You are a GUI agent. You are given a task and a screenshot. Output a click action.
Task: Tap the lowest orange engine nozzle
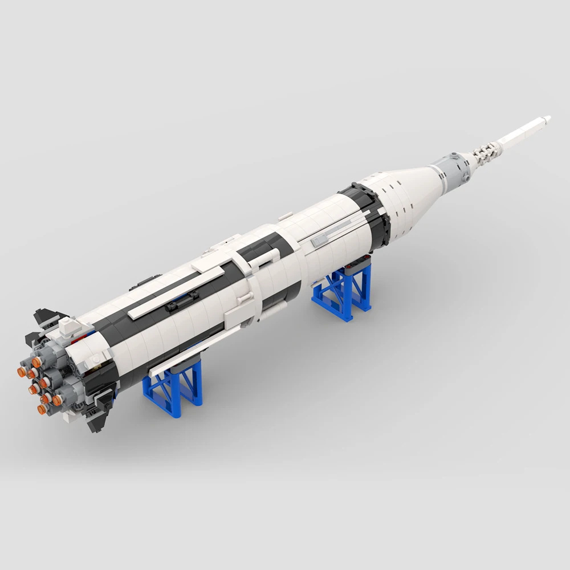coord(43,409)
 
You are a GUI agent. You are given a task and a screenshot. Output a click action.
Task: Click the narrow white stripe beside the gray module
coord(439,169)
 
